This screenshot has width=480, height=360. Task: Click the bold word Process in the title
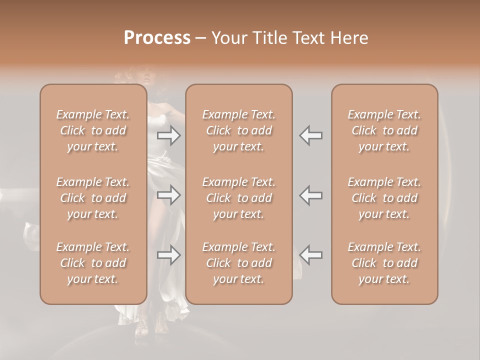tap(157, 38)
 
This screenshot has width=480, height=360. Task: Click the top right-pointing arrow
tap(169, 135)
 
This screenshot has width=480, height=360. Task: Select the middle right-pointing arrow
tap(169, 195)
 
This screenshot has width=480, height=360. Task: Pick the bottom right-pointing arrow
tap(169, 255)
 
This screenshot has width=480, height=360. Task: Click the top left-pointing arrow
tap(311, 135)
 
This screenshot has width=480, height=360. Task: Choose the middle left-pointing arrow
tap(311, 195)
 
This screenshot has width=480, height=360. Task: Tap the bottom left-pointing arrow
tap(311, 255)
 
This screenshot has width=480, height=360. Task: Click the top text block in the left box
tap(93, 130)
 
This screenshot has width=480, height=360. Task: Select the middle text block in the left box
tap(93, 198)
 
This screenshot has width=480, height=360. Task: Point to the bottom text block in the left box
tap(93, 263)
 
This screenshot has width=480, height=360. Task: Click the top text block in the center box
tap(239, 130)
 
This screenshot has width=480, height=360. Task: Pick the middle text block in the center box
tap(239, 198)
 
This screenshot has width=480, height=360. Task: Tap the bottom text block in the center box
tap(239, 263)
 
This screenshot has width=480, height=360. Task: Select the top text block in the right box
tap(384, 130)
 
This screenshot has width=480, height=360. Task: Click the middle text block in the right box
tap(384, 198)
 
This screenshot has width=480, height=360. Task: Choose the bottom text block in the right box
tap(384, 263)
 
